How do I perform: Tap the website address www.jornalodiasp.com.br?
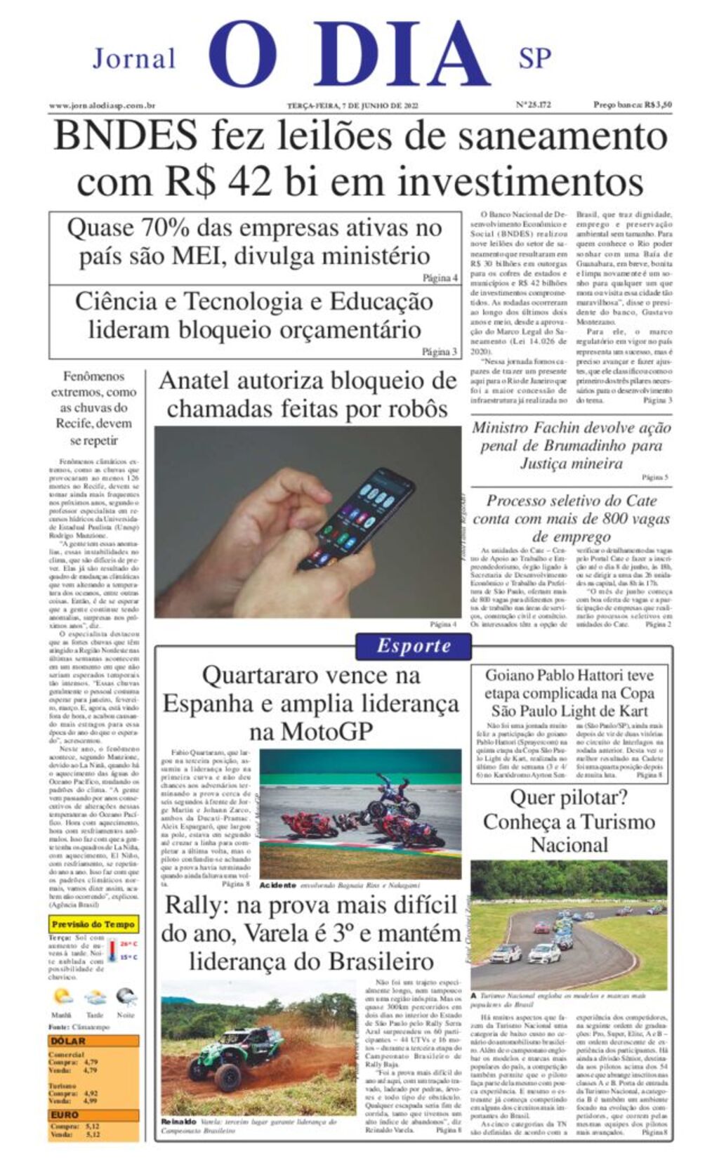tap(102, 105)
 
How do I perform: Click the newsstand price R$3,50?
tap(632, 105)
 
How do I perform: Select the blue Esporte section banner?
tap(414, 646)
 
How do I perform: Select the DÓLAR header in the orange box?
tap(68, 1041)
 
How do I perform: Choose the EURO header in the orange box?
tap(65, 1115)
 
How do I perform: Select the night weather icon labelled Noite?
tap(126, 997)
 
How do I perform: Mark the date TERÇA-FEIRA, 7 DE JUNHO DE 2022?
tap(352, 105)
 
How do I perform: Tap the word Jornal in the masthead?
tap(134, 58)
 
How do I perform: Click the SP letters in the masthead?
tap(534, 58)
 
